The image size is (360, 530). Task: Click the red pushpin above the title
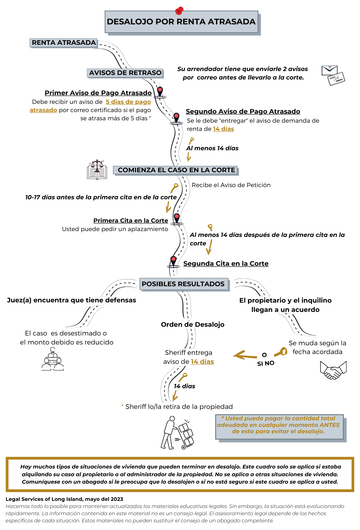[x=179, y=11]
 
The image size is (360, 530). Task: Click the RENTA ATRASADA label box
[x=64, y=43]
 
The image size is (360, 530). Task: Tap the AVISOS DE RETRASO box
[x=125, y=73]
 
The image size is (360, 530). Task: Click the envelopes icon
[x=333, y=75]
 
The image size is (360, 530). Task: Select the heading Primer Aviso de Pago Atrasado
[x=98, y=93]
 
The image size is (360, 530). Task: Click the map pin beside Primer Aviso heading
[x=160, y=92]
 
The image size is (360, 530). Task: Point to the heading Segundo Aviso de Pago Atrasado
[x=243, y=112]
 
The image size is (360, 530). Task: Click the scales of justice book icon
[x=97, y=170]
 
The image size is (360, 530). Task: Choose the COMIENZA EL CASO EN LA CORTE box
[x=176, y=170]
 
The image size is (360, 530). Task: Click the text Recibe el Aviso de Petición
[x=231, y=185]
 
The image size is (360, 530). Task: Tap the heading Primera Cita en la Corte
[x=131, y=221]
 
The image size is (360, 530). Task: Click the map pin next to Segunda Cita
[x=174, y=261]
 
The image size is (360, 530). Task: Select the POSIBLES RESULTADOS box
[x=183, y=284]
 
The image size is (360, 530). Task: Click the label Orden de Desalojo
[x=193, y=325]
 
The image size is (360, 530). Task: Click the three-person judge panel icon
[x=53, y=359]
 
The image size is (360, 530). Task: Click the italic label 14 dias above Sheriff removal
[x=185, y=386]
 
